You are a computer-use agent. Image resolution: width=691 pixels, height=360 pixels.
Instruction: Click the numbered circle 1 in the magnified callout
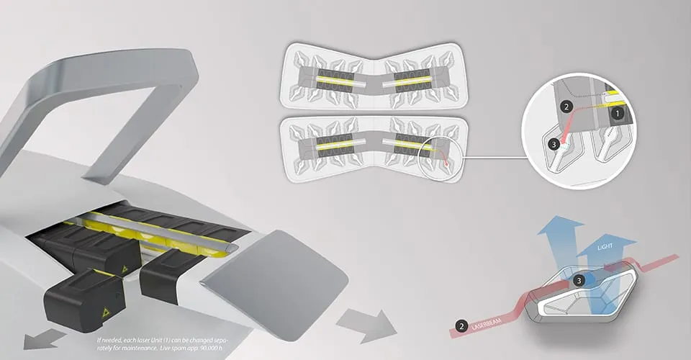[616, 113]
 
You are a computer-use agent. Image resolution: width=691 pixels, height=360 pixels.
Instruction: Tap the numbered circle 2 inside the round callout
[566, 107]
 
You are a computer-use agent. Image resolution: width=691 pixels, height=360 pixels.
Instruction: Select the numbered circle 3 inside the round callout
[553, 144]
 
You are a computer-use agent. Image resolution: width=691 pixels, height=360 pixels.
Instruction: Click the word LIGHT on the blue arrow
[605, 249]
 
